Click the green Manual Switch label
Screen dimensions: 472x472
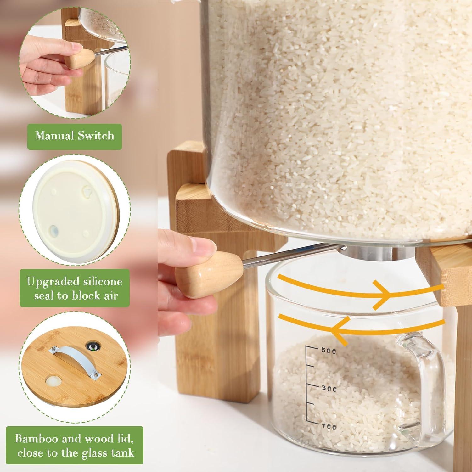click(74, 136)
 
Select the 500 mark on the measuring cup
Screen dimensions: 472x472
click(329, 351)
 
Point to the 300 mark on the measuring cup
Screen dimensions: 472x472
click(329, 389)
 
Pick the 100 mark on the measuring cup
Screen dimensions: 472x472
click(329, 427)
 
